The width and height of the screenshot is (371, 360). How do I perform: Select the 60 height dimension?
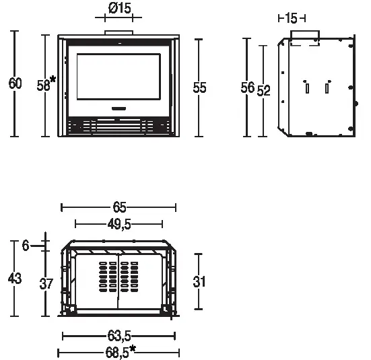15,84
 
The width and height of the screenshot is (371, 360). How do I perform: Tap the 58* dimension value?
45,85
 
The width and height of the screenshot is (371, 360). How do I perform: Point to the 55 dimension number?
199,87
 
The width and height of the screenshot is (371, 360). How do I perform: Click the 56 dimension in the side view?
247,87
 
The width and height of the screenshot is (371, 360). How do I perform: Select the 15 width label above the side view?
291,18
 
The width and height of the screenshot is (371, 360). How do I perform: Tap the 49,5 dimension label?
119,224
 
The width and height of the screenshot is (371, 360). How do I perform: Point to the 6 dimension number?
25,246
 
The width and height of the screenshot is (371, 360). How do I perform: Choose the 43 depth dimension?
15,278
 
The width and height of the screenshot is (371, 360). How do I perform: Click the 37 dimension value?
46,285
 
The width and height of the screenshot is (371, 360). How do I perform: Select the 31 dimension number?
199,282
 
